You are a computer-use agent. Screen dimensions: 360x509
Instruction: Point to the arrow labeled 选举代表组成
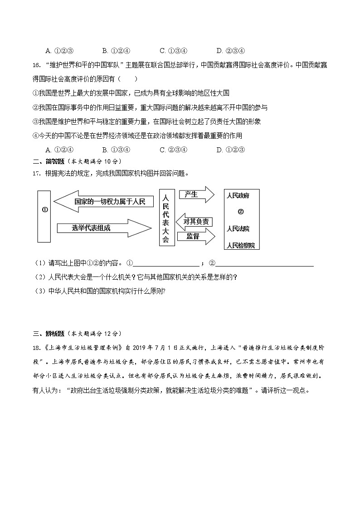[x=102, y=228]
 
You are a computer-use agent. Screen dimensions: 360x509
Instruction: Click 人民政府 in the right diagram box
[x=238, y=196]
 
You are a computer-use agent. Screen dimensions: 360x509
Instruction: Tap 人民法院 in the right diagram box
[x=238, y=228]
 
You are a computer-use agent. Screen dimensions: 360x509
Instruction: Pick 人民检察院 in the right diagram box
[x=241, y=245]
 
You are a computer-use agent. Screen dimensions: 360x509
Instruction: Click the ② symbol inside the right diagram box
[x=241, y=212]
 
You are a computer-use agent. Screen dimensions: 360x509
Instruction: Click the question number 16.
[x=37, y=65]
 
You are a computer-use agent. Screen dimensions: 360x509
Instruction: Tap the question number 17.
[x=37, y=173]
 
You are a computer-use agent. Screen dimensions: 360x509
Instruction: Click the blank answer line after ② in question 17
[x=265, y=264]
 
